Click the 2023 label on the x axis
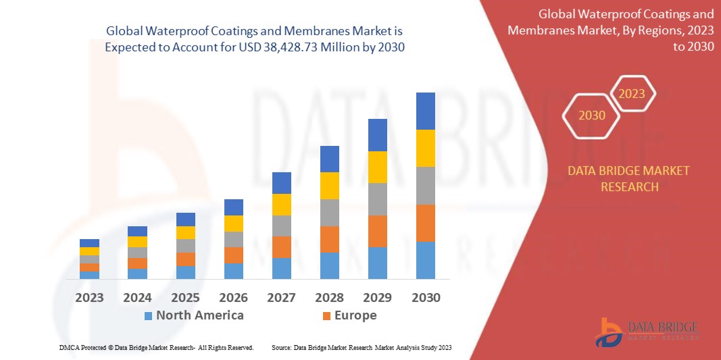click(89, 297)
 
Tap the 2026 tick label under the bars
click(233, 297)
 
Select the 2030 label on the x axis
click(426, 297)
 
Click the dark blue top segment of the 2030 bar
click(425, 111)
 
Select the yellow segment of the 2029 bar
click(377, 167)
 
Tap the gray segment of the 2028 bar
click(329, 212)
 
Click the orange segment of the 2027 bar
click(281, 247)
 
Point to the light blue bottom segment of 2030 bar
click(425, 260)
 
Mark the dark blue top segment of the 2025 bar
click(185, 219)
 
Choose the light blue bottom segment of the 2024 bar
click(137, 274)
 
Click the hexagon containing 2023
click(632, 94)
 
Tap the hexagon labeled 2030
click(592, 115)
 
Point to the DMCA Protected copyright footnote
click(155, 347)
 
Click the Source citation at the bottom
click(361, 347)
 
